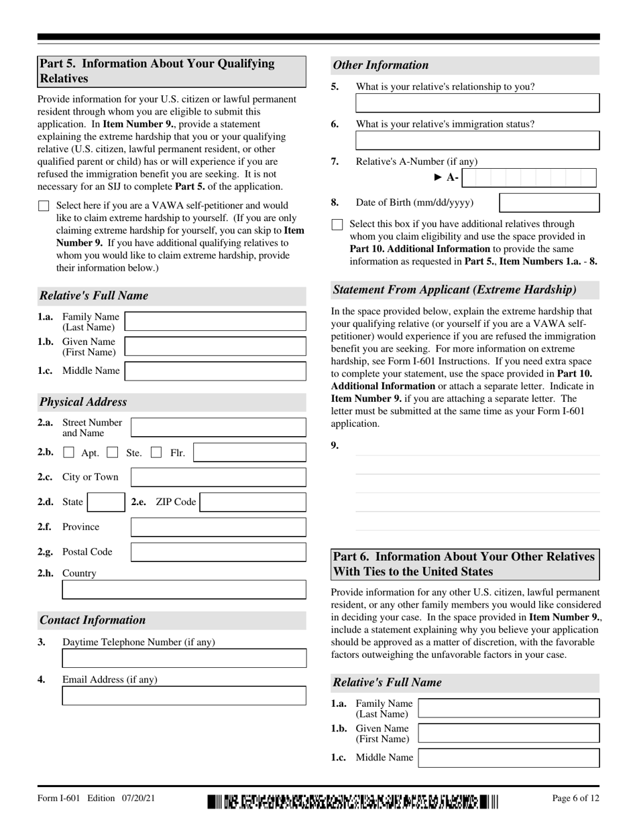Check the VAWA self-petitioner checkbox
44,206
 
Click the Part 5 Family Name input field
215,322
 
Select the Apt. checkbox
68,453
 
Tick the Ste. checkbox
113,453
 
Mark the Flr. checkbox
156,453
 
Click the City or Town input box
218,477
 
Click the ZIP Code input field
253,502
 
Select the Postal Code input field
218,552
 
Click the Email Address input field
184,695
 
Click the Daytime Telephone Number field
184,659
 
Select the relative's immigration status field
477,140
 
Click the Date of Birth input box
549,203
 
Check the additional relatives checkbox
337,224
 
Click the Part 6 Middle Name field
508,758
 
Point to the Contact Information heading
93,620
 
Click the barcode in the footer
353,801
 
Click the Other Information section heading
380,65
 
